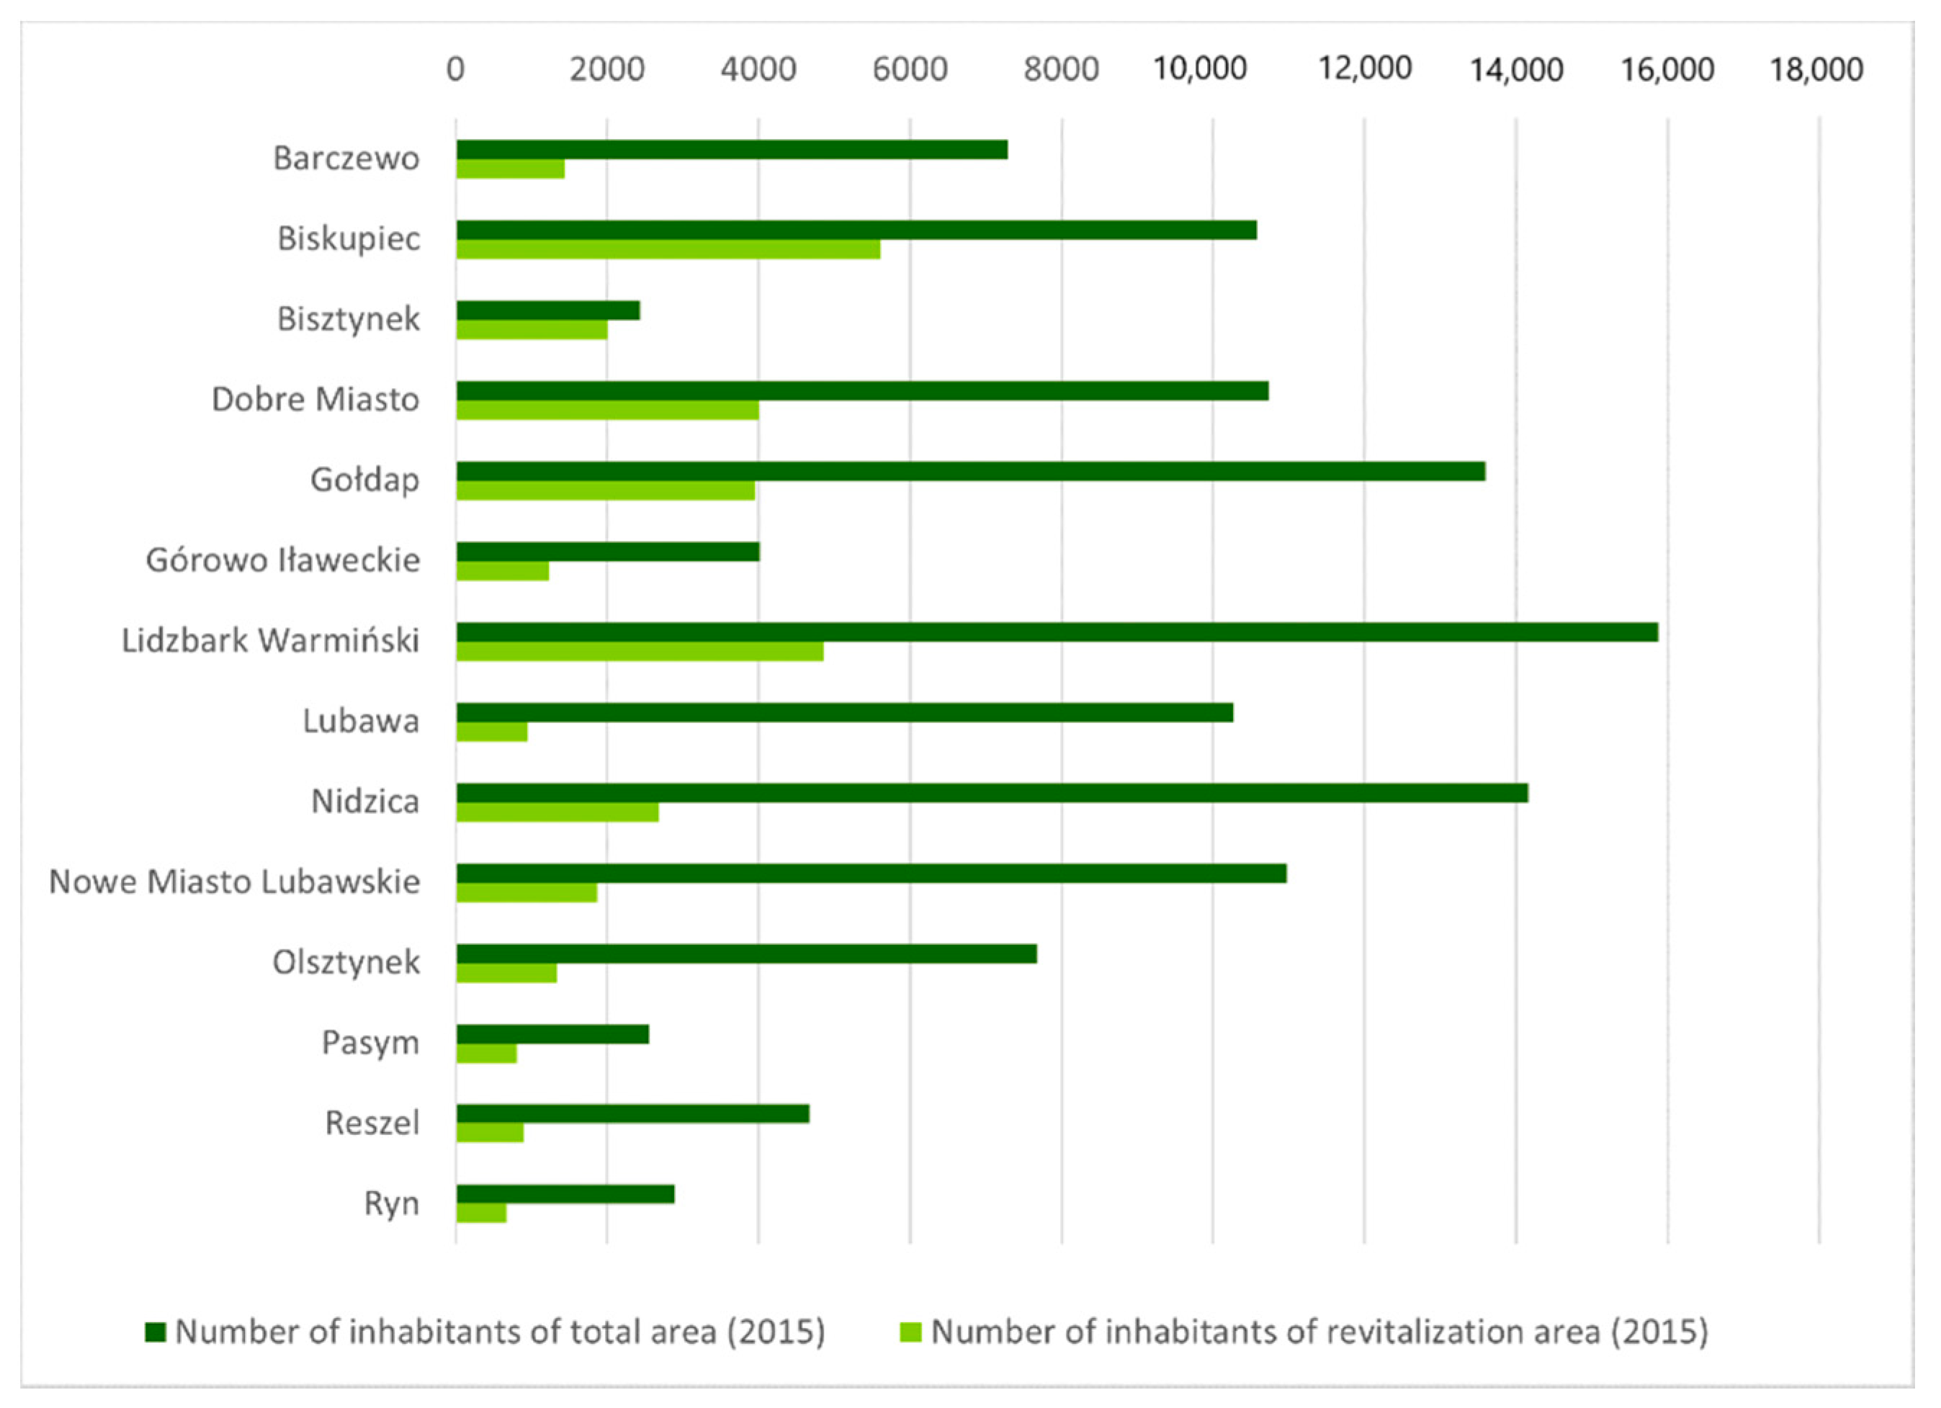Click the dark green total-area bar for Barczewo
732,150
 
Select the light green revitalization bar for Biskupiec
668,249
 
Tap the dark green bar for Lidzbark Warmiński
1057,632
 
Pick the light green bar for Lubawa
491,732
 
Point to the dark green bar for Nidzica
992,793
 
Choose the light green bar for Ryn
481,1214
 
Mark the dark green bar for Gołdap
971,471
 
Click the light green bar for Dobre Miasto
608,410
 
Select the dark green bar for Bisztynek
547,310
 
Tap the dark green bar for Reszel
632,1113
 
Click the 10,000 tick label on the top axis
1200,68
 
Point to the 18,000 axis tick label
1816,69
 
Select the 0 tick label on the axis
455,69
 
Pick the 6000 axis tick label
910,69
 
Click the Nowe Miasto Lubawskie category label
235,882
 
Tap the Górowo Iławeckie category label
282,560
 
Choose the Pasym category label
371,1043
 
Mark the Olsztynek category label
346,962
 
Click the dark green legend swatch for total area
155,1332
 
